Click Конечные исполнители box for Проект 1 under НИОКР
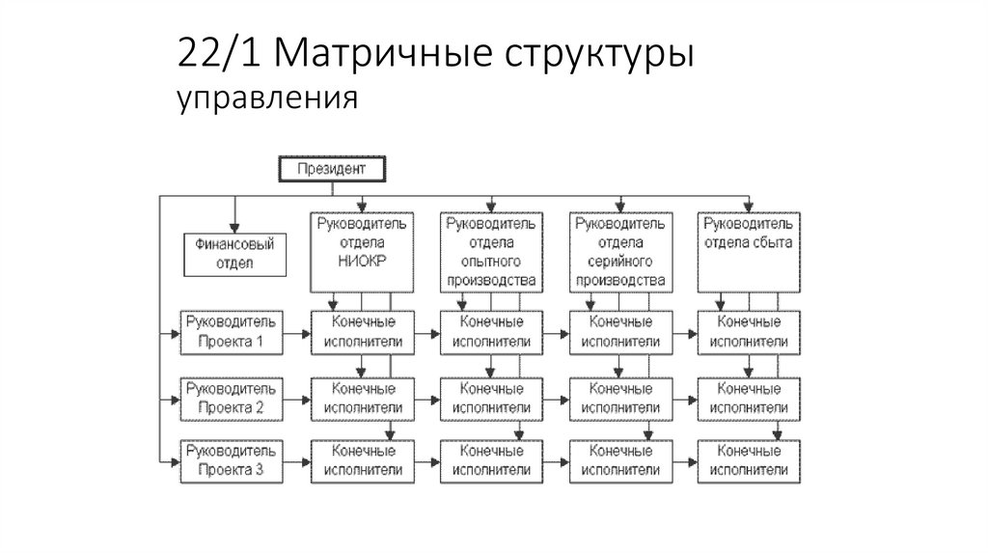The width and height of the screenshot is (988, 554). [x=362, y=331]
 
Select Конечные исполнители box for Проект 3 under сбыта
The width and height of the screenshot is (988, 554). [x=748, y=460]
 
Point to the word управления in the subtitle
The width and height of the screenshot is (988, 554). [x=267, y=97]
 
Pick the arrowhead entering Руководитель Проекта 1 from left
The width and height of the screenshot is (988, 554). [x=176, y=332]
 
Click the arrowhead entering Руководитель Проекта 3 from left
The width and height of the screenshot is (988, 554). [x=176, y=461]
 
